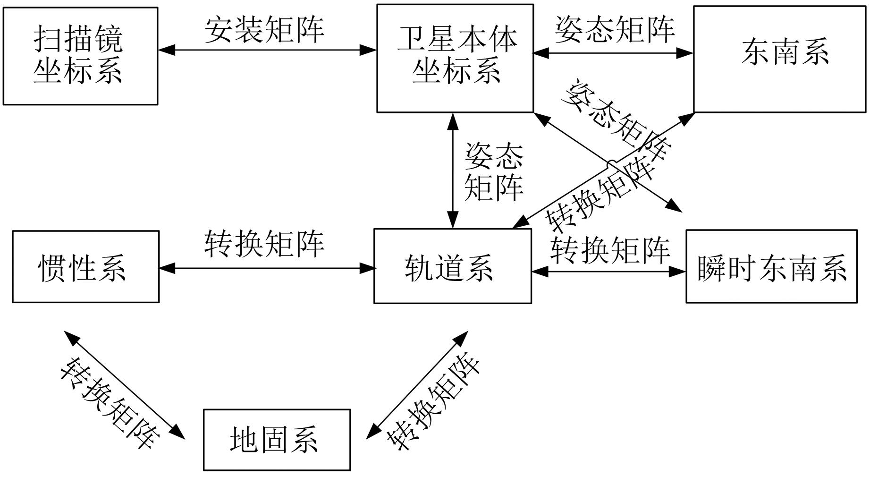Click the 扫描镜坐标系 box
(x=80, y=56)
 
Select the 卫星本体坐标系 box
(x=455, y=58)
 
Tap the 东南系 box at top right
(x=779, y=59)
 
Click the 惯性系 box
(x=85, y=267)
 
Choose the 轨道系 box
(x=452, y=266)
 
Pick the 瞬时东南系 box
(x=771, y=267)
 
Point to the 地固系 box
(x=277, y=440)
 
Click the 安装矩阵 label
(x=264, y=29)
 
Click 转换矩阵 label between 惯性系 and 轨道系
(x=264, y=244)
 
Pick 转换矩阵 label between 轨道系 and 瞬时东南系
(x=610, y=250)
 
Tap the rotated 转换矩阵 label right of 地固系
(x=433, y=400)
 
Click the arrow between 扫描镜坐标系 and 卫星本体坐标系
(x=267, y=50)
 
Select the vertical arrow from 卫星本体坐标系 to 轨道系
(x=453, y=170)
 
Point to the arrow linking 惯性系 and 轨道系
(x=267, y=268)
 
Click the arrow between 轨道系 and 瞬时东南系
(x=608, y=272)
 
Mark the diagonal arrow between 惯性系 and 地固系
(x=125, y=385)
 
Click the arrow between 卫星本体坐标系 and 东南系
(x=613, y=53)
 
